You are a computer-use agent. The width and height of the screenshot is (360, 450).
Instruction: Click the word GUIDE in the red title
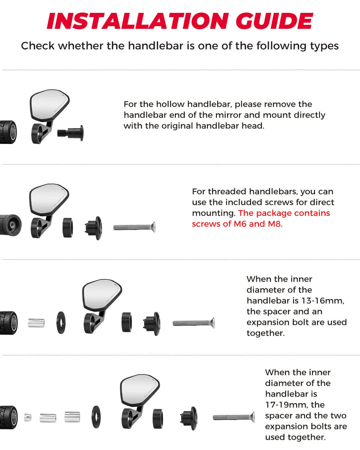(x=274, y=21)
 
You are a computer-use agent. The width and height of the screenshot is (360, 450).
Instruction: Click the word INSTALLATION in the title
(x=137, y=21)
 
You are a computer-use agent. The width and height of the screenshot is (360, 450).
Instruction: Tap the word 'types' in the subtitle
(x=324, y=46)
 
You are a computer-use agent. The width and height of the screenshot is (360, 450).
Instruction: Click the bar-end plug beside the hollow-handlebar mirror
(x=70, y=133)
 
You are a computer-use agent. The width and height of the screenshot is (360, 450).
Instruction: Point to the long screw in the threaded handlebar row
(x=134, y=227)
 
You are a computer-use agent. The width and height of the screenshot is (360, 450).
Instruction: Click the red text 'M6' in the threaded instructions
(x=240, y=224)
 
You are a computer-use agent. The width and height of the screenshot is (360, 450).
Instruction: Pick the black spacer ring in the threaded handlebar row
(x=67, y=227)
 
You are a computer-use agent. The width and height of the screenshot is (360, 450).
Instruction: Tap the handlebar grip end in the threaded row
(x=10, y=225)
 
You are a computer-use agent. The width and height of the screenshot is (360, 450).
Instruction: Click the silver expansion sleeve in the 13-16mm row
(x=36, y=323)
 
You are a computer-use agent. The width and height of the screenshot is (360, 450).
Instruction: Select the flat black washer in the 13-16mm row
(x=61, y=322)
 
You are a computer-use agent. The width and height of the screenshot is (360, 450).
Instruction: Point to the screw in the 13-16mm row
(x=194, y=323)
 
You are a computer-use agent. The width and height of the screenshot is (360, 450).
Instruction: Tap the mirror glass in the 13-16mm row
(x=101, y=295)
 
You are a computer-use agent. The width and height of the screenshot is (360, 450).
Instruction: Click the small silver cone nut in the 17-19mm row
(x=27, y=417)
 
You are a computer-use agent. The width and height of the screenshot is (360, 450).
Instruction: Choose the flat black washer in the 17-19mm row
(x=96, y=416)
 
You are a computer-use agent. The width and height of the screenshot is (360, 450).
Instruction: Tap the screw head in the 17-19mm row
(x=252, y=417)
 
